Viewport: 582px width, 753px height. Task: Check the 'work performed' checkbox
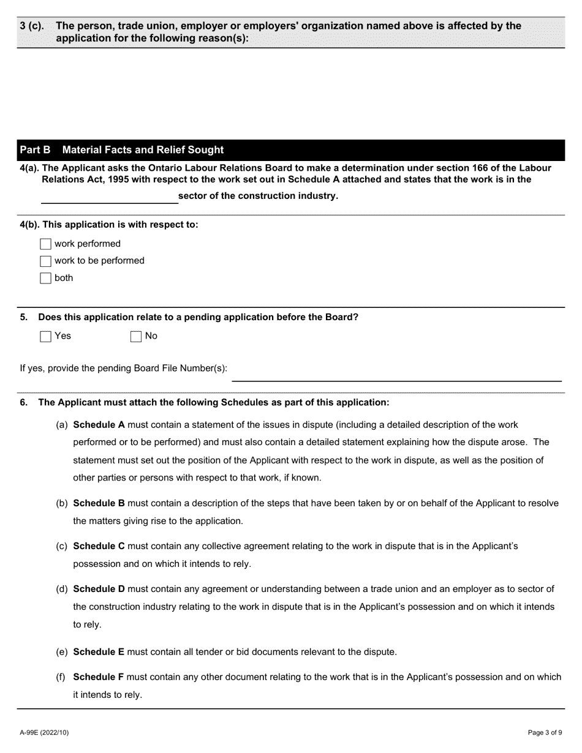(x=45, y=244)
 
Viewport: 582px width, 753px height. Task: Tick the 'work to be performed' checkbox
(x=45, y=261)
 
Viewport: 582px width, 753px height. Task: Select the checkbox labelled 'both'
(x=45, y=279)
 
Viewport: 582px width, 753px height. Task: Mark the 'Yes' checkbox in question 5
(x=45, y=336)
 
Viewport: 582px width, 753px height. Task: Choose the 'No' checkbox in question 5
(x=136, y=336)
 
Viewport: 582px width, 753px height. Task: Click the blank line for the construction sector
(x=109, y=197)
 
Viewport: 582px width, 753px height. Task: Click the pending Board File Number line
(x=396, y=375)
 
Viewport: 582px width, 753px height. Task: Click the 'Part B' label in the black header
(x=35, y=150)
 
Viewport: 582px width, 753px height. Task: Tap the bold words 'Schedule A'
(x=99, y=424)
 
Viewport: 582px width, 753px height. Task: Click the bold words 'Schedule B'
(x=99, y=503)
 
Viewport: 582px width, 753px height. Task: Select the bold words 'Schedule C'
(x=99, y=545)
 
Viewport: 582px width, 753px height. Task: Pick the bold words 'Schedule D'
(x=99, y=589)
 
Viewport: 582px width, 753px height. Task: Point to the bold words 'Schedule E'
(x=99, y=652)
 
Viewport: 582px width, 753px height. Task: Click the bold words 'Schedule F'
(x=99, y=677)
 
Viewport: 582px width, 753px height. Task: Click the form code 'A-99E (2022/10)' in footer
(x=45, y=732)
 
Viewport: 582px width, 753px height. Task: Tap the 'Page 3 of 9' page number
(x=545, y=732)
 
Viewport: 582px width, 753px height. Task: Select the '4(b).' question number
(x=30, y=225)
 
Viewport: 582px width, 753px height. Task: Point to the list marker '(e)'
(x=62, y=652)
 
